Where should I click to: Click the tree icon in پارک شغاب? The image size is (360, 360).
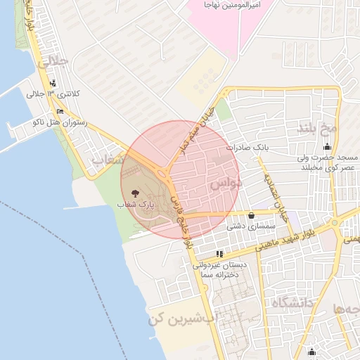[x=136, y=192]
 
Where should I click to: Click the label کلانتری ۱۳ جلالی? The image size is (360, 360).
[x=54, y=94]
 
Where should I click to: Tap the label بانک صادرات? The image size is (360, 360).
[x=248, y=148]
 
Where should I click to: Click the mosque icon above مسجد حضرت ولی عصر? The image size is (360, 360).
[x=327, y=148]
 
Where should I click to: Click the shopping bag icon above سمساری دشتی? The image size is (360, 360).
[x=252, y=215]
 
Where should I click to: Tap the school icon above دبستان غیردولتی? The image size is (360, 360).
[x=220, y=253]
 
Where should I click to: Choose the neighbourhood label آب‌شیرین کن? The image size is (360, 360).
[x=180, y=318]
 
